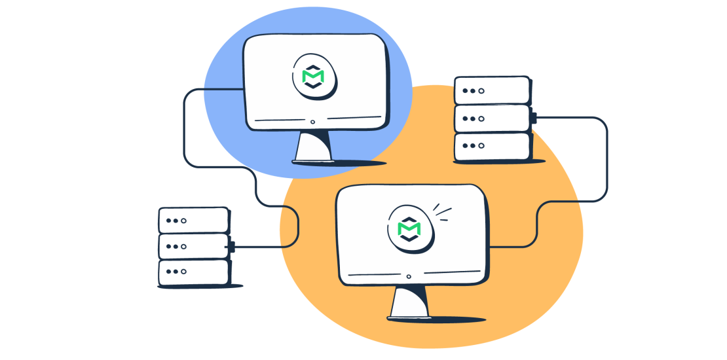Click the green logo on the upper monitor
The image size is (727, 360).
(312, 76)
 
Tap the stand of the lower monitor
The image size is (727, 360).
(409, 302)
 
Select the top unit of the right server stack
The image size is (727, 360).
(491, 90)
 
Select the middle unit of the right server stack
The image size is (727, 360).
(491, 118)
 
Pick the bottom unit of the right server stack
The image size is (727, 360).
(491, 146)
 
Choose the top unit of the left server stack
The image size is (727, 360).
(193, 221)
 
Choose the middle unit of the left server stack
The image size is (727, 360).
(193, 246)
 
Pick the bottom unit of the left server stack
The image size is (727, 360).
(193, 272)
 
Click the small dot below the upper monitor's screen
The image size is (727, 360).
(312, 122)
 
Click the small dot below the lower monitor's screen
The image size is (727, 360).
(409, 277)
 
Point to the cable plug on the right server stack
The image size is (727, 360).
(534, 118)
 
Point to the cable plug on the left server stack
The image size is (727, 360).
(232, 247)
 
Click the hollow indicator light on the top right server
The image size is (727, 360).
(481, 90)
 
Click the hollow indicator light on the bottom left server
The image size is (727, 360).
(184, 272)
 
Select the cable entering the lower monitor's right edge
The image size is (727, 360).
(504, 247)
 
